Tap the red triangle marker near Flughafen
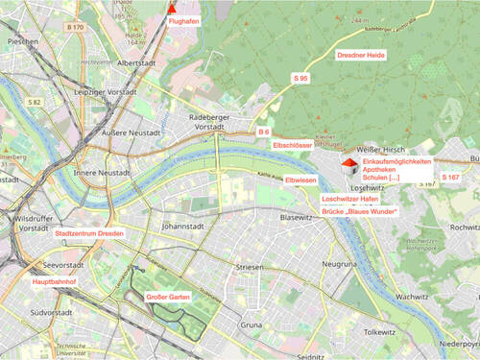tap(173, 7)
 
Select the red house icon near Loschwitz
tap(351, 169)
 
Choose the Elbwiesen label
tap(300, 180)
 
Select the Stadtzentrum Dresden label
tap(88, 233)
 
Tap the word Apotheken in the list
tap(383, 170)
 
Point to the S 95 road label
tap(300, 77)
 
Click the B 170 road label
tap(76, 28)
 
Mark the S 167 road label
tap(450, 178)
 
